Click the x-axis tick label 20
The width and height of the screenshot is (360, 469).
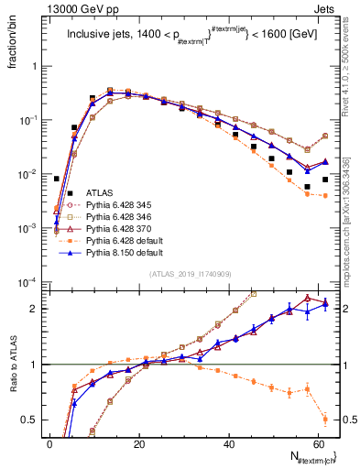pyautogui.click(x=139, y=442)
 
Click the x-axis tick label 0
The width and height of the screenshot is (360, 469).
pyautogui.click(x=50, y=442)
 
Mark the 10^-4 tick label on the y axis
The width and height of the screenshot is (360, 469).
pyautogui.click(x=27, y=282)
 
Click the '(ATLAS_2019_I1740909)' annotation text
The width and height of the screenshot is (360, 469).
pyautogui.click(x=190, y=273)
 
